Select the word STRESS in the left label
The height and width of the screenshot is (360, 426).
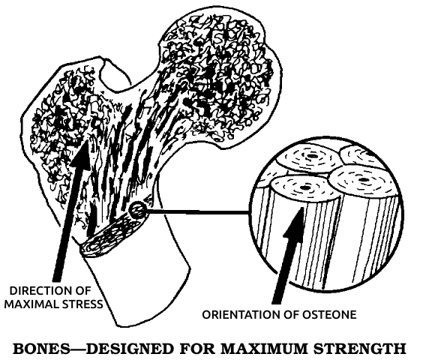point(82,304)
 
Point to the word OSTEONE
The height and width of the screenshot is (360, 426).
point(329,315)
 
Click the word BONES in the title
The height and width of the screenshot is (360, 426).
point(41,349)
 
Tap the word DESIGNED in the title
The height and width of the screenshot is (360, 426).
point(130,349)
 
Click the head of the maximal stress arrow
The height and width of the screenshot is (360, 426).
point(81,154)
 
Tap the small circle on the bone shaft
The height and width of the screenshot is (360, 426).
point(137,210)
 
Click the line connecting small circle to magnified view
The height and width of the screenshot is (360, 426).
point(197,211)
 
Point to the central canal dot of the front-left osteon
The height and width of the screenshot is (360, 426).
point(304,187)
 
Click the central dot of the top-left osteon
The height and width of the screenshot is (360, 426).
point(311,157)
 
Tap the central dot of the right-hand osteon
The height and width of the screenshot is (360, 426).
point(364,180)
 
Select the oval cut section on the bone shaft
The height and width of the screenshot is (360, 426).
point(112,234)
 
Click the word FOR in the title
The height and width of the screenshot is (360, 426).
point(197,349)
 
